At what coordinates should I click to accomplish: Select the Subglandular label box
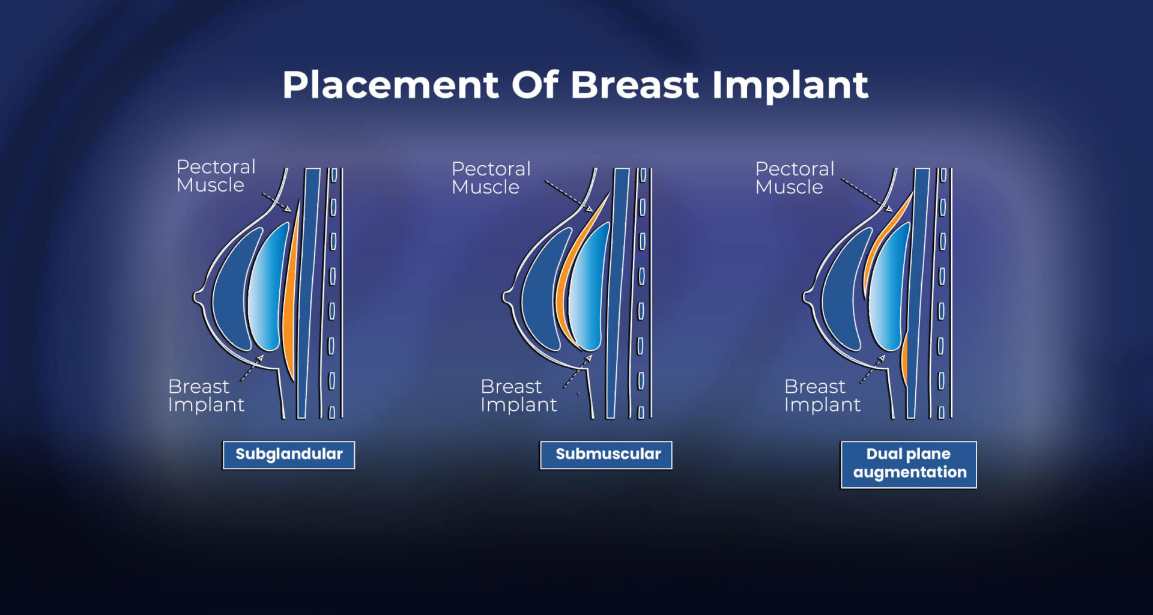(x=289, y=455)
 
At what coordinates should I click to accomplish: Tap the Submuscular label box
(x=607, y=455)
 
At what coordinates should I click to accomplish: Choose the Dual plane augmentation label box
(x=909, y=464)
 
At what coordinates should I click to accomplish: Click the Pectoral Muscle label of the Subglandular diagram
(x=216, y=176)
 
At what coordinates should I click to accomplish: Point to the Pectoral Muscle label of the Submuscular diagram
(x=491, y=178)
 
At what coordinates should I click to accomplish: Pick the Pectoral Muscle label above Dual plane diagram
(x=794, y=178)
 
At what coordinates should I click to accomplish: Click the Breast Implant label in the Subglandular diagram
(x=206, y=395)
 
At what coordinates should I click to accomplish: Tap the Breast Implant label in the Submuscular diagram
(x=518, y=395)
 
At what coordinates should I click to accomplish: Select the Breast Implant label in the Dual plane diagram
(x=822, y=395)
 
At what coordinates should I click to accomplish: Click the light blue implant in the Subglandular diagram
(x=267, y=288)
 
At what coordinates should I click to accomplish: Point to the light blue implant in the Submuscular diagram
(x=589, y=288)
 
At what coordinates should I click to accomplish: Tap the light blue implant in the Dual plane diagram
(x=889, y=288)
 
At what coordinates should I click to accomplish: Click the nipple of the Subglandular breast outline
(x=197, y=297)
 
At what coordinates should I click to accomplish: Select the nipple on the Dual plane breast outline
(x=806, y=295)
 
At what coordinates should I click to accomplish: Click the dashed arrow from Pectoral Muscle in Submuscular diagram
(x=567, y=195)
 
